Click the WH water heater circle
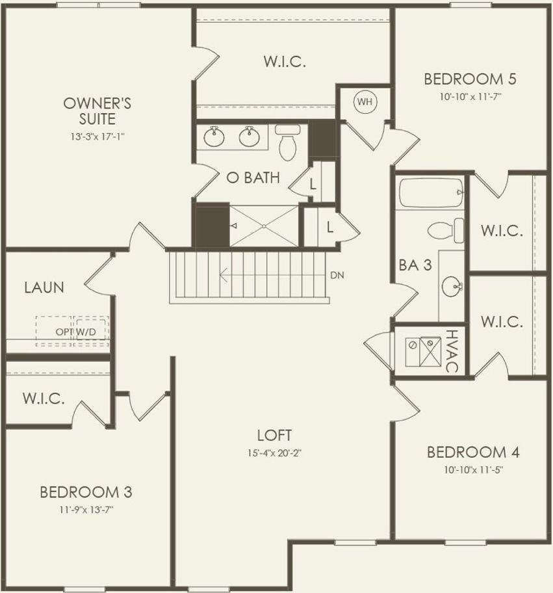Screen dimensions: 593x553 365,101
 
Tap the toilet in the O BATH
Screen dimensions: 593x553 287,142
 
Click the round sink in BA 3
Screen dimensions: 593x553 452,285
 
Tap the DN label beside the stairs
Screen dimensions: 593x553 337,275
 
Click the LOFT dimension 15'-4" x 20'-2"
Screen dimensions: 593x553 274,453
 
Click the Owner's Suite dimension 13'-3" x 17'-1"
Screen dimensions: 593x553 98,137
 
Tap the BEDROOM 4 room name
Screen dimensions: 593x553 472,452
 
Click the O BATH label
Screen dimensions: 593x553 253,178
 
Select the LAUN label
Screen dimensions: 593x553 44,287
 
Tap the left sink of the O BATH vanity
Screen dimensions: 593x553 214,137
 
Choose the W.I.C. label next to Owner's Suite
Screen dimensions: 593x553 285,62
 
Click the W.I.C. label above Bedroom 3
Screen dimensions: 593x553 44,399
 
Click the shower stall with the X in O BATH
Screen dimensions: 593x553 264,226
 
